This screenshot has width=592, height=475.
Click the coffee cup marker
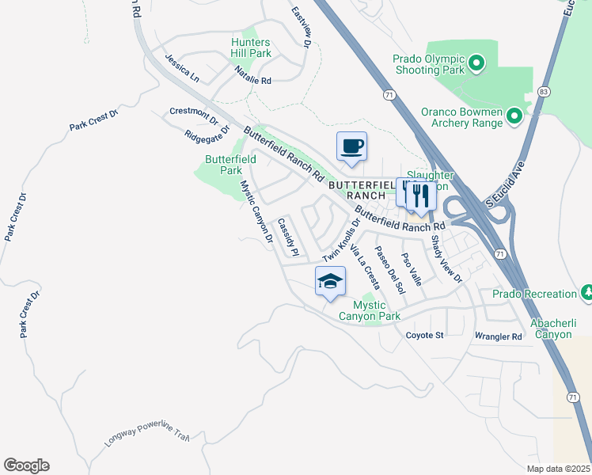pos(351,146)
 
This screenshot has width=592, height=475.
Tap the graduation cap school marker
pos(331,281)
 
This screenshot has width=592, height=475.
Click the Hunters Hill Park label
pos(251,47)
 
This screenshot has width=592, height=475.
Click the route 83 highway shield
pos(542,92)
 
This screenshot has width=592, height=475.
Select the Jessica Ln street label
pos(182,69)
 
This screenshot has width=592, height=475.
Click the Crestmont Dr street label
pos(193,116)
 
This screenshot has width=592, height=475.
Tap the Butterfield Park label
pos(230,165)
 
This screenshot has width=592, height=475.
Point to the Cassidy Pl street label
pos(288,237)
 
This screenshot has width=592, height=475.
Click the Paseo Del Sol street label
pos(389,270)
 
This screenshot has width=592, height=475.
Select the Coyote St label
pos(425,336)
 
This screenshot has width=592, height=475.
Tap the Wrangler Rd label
pos(499,336)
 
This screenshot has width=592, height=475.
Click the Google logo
pos(26,465)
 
